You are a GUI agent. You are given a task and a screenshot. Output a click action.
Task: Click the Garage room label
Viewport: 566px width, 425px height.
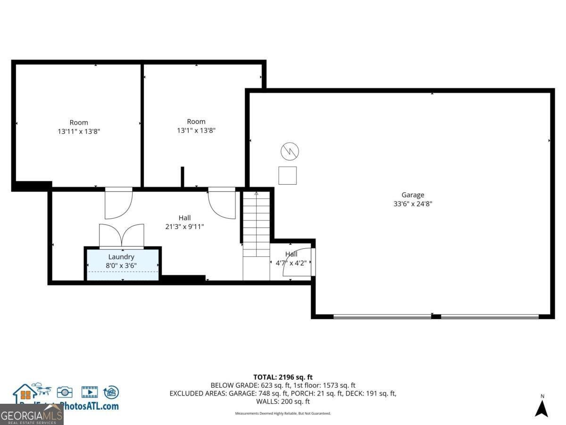click(413, 195)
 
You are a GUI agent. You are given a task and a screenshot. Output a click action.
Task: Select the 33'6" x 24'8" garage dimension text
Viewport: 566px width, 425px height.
click(413, 204)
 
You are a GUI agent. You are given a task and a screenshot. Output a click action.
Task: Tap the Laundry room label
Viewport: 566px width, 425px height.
click(121, 257)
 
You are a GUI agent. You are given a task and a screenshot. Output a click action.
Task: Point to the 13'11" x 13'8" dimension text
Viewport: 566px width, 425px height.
click(79, 132)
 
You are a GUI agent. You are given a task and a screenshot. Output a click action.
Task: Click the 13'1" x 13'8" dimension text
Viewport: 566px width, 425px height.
click(196, 130)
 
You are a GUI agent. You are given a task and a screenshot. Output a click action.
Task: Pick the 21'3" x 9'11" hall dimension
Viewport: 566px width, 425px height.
click(184, 227)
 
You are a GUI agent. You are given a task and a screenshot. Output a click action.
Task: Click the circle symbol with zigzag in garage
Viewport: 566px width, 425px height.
click(290, 152)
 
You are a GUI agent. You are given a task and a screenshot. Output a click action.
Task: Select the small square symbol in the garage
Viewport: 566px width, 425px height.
click(287, 175)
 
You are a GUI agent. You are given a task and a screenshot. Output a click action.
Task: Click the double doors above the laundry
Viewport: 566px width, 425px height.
click(121, 236)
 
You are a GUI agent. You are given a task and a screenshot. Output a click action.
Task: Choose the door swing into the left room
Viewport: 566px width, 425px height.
click(118, 204)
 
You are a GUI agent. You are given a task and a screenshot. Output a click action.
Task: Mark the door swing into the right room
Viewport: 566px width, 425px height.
click(222, 204)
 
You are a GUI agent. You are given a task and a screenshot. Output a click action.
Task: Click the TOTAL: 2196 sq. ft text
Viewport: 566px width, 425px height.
click(283, 377)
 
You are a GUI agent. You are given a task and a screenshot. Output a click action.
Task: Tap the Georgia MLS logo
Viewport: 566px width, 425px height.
click(32, 415)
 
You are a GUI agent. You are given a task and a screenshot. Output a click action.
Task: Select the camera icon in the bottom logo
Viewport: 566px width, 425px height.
click(65, 392)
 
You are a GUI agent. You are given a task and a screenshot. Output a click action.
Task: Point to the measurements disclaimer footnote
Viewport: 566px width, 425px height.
click(283, 413)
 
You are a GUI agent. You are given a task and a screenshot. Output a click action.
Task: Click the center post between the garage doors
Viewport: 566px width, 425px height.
click(436, 316)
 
